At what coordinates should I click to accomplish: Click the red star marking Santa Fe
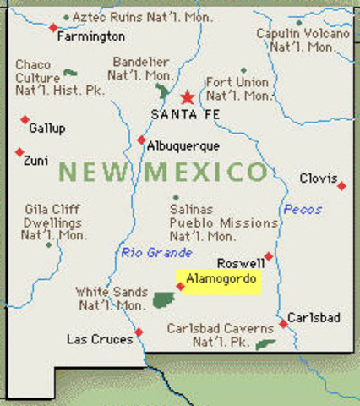[187, 96]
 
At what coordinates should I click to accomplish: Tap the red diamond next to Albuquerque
[141, 140]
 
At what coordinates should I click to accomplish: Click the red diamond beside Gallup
[25, 118]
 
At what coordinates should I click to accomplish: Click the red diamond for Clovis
[341, 185]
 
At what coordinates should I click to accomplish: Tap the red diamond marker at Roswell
[268, 256]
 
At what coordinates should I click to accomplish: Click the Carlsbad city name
[314, 317]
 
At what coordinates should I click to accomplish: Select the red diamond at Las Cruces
[139, 332]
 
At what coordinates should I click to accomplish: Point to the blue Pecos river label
[303, 209]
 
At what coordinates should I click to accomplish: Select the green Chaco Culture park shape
[70, 73]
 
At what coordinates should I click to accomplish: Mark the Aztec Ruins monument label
[118, 17]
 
